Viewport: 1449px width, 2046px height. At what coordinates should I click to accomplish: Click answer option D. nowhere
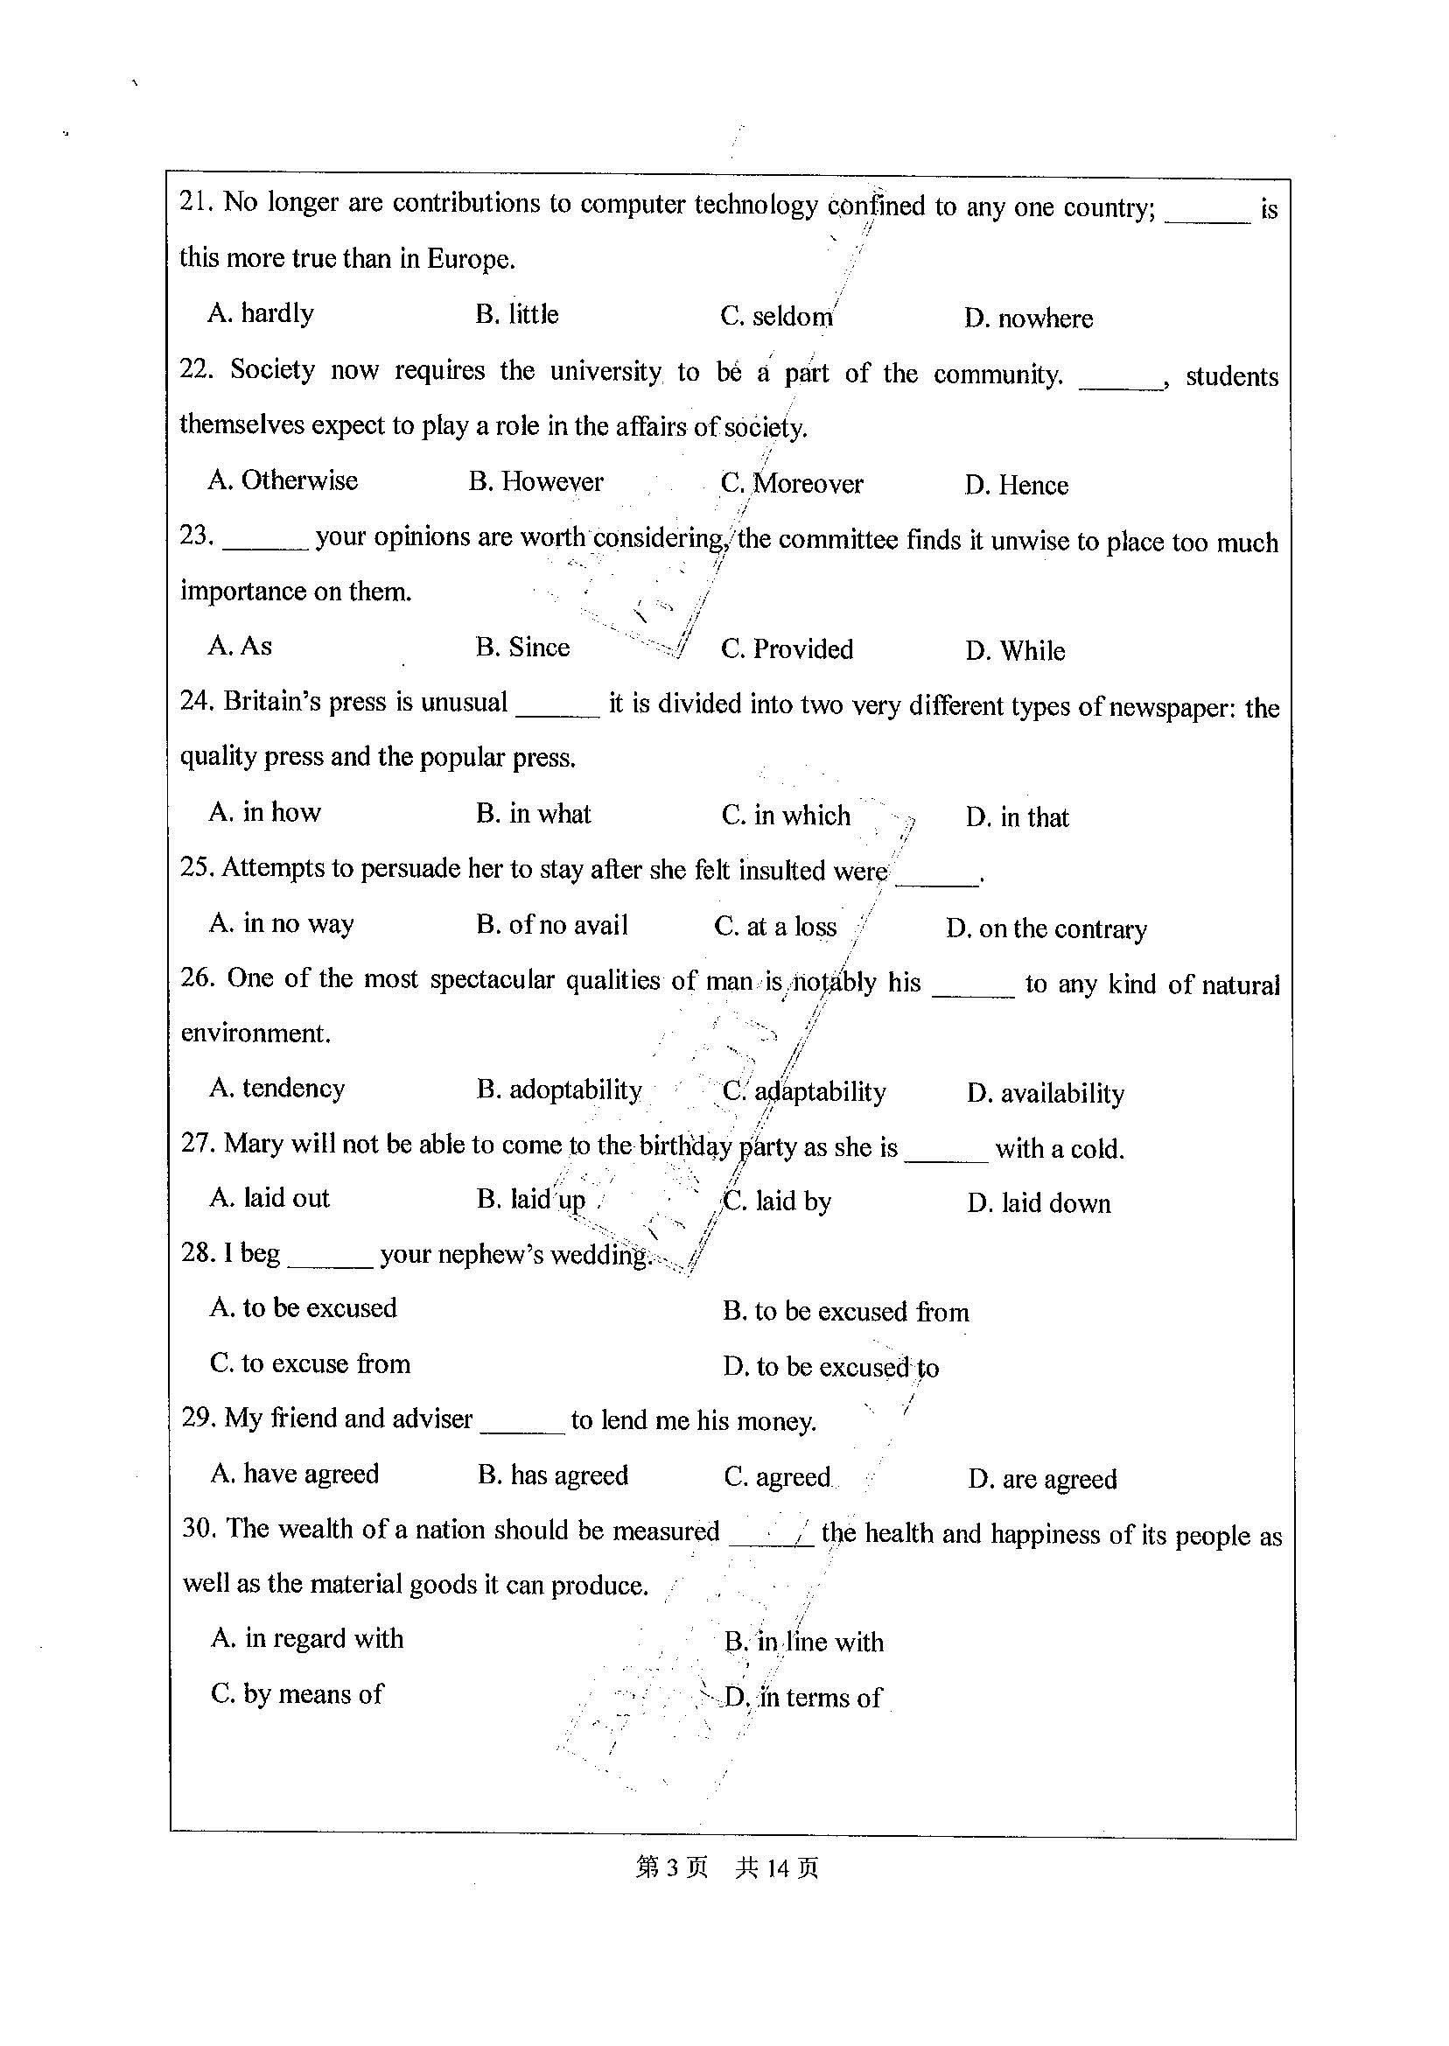[1028, 319]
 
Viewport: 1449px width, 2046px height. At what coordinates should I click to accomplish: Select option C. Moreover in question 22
[791, 484]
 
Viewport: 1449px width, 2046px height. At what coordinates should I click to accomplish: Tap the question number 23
[196, 536]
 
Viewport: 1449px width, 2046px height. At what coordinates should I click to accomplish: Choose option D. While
[1014, 650]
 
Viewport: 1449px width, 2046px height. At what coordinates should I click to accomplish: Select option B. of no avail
[551, 925]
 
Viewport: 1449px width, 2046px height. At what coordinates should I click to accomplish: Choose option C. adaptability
[804, 1092]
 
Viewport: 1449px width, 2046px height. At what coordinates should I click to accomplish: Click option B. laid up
[531, 1200]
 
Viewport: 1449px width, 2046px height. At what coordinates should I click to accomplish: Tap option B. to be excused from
[845, 1312]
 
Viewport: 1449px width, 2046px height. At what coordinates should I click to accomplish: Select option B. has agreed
[552, 1475]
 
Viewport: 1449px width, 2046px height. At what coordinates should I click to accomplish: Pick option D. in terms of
[803, 1697]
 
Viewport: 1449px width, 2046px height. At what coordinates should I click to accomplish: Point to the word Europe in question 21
[470, 260]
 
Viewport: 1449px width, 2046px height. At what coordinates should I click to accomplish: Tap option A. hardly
[261, 313]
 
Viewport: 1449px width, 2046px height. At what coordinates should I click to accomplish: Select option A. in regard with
[307, 1638]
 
